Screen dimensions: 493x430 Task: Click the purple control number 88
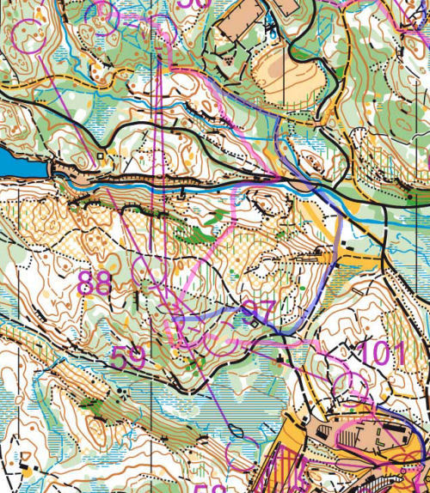(95, 283)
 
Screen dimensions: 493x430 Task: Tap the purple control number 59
(128, 357)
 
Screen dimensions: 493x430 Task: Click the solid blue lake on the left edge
(13, 161)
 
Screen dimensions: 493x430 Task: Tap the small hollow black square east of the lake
(101, 157)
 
